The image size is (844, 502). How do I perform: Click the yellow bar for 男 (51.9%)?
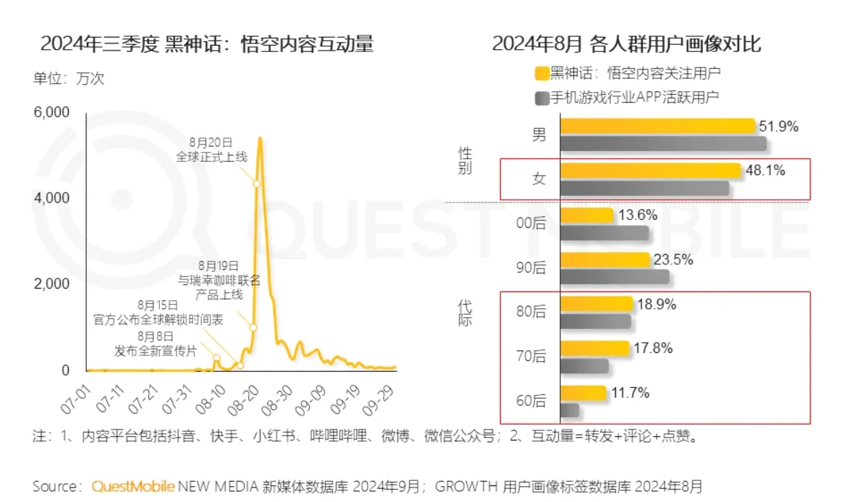[657, 127]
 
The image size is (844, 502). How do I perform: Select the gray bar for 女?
[644, 188]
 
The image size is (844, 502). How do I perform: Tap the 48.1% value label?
[765, 171]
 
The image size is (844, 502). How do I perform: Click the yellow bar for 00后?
[587, 216]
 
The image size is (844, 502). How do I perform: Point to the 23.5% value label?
[673, 260]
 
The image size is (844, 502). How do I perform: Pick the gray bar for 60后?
[570, 410]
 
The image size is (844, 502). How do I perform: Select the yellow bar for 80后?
[596, 305]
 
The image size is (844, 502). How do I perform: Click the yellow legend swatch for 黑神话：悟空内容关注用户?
[540, 73]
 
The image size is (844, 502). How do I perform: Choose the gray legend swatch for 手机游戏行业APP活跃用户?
[540, 97]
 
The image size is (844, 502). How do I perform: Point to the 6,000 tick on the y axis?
[50, 112]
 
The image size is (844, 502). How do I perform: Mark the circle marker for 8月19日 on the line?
[253, 328]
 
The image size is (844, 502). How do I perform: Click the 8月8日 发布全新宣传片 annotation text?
[156, 344]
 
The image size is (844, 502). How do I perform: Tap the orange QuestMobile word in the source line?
[132, 485]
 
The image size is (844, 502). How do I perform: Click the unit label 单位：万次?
[68, 78]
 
